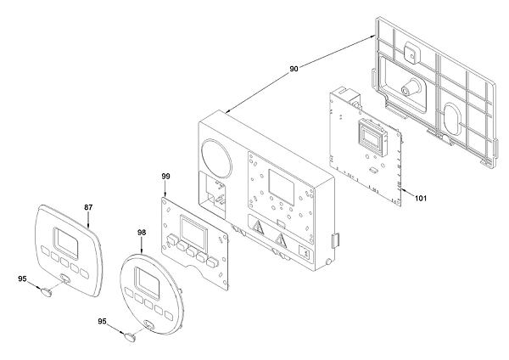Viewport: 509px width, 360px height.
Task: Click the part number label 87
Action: click(x=88, y=207)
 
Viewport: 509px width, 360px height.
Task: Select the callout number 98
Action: click(x=142, y=233)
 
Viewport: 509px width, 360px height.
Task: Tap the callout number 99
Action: click(x=165, y=177)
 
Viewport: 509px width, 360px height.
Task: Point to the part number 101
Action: click(x=421, y=198)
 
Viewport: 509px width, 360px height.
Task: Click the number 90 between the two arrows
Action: click(x=294, y=69)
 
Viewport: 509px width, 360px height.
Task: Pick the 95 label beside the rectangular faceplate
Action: click(x=22, y=278)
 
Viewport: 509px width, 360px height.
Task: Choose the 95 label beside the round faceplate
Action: click(x=103, y=321)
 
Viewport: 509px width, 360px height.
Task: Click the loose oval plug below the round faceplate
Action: click(x=130, y=337)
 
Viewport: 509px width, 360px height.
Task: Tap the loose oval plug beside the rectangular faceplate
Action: click(x=46, y=291)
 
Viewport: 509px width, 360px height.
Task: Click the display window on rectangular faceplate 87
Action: click(x=66, y=242)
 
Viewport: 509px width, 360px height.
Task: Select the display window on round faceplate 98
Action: click(x=147, y=284)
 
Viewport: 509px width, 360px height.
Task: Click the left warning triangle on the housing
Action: click(x=258, y=227)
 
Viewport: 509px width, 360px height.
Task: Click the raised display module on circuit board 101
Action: click(x=372, y=134)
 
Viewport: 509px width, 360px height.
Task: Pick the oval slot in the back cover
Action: click(x=452, y=120)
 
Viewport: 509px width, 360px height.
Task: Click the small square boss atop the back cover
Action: click(x=411, y=53)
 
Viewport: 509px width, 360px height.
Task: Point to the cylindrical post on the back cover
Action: click(x=410, y=86)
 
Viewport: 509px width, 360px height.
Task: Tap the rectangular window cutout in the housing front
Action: click(x=282, y=187)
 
